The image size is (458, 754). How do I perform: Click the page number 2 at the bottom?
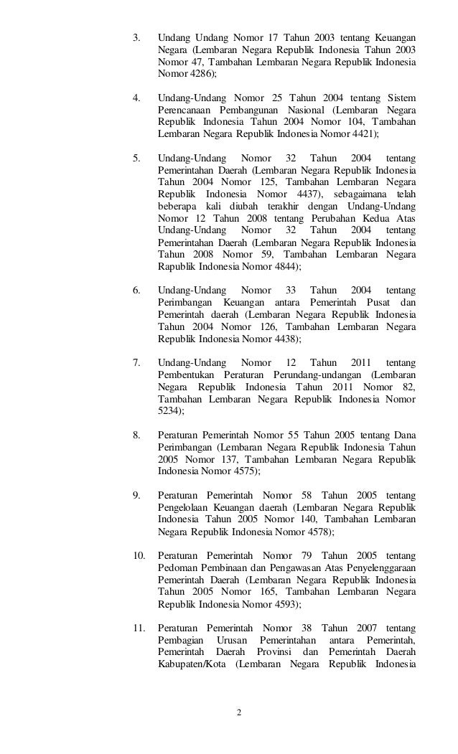(240, 713)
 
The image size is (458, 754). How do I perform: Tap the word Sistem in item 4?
(403, 97)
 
